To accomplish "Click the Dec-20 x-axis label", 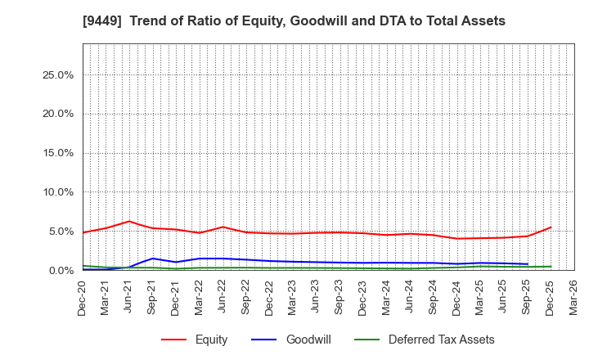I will click(x=83, y=296).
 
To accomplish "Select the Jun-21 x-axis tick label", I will click(x=129, y=296).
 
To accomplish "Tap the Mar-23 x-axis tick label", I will click(x=293, y=296).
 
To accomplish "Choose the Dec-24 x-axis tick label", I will click(x=456, y=296).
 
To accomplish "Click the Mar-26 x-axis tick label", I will click(x=573, y=296).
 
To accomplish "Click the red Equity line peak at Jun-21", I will click(x=129, y=221).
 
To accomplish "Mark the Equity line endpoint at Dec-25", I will click(x=551, y=227).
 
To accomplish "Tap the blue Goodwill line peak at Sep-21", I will click(x=152, y=259).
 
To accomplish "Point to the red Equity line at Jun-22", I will click(x=223, y=227).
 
